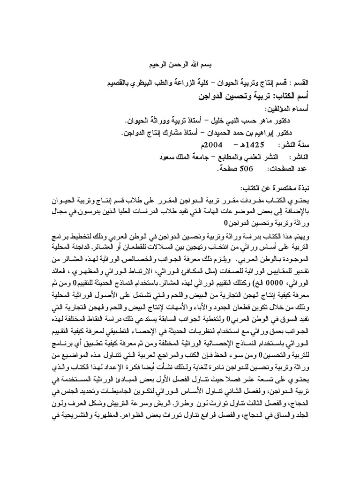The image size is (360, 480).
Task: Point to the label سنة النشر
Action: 294,145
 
